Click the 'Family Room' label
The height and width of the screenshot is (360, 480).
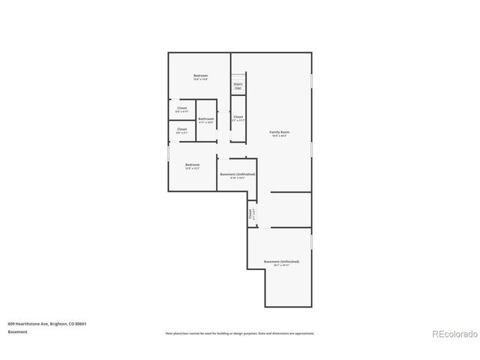pos(280,132)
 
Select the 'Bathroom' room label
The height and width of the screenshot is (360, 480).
pos(206,118)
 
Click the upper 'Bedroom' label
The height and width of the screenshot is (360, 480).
pos(200,76)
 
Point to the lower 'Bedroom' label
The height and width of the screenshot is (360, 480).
pos(193,164)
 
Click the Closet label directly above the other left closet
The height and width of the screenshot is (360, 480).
pos(182,108)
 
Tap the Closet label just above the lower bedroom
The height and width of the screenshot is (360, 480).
pos(182,130)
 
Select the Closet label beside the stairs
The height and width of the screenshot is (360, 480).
pos(238,117)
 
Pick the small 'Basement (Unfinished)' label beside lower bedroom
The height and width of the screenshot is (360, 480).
pos(237,174)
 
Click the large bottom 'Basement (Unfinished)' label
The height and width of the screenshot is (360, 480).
pos(281,262)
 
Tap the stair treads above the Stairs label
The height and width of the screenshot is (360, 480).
pos(238,77)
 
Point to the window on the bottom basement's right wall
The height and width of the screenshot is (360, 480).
pos(312,242)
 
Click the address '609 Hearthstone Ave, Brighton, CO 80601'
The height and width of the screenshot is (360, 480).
pos(47,323)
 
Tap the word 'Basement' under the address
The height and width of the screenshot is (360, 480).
pos(19,331)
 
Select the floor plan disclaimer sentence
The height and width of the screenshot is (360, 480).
pos(240,333)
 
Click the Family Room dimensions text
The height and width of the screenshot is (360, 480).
pos(280,136)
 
